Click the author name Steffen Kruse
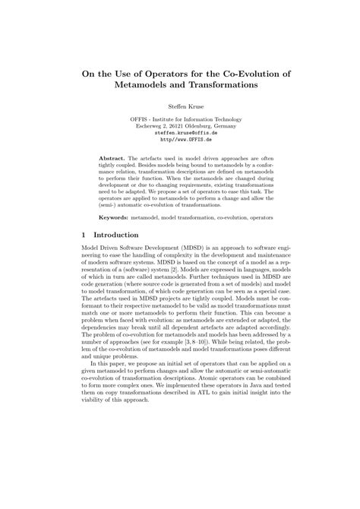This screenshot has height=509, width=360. tap(179, 109)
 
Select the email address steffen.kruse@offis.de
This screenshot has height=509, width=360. tap(180, 134)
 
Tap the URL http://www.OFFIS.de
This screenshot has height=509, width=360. tap(180, 141)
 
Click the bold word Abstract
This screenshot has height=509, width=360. tap(114, 157)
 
